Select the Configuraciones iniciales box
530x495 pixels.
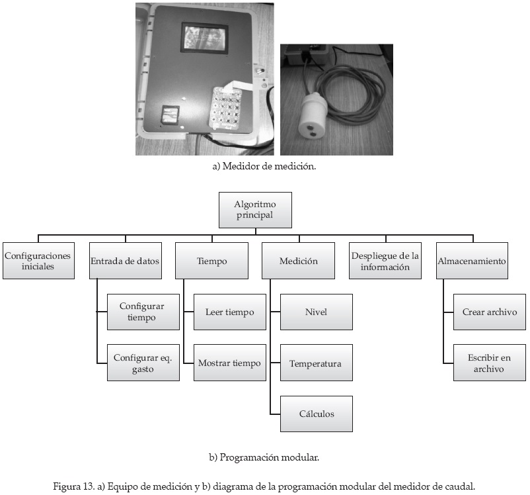click(37, 261)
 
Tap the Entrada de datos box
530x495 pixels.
click(124, 261)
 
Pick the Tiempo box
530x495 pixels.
click(211, 261)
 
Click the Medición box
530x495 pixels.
click(299, 261)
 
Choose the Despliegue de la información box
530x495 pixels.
click(386, 261)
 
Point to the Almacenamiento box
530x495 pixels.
click(472, 261)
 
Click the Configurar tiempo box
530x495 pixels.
click(143, 312)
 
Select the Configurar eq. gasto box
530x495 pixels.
click(143, 363)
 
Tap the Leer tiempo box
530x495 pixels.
click(230, 312)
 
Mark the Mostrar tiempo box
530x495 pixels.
click(230, 363)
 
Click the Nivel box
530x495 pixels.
click(316, 312)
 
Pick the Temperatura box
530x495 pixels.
click(316, 363)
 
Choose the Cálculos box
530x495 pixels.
click(316, 414)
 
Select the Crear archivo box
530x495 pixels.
click(490, 312)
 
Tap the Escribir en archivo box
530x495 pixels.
click(490, 363)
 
